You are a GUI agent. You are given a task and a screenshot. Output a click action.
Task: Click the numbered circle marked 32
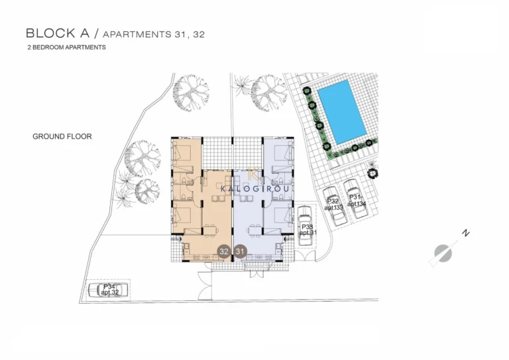[x=224, y=251]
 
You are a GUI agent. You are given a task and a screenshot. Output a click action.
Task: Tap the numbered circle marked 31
[x=241, y=251]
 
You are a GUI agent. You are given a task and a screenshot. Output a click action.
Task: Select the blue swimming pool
[x=341, y=111]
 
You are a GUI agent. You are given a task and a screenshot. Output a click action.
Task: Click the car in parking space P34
[x=107, y=290]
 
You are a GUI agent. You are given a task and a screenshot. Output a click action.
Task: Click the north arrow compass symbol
[x=442, y=253]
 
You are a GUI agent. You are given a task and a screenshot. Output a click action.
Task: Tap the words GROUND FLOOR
[x=62, y=137]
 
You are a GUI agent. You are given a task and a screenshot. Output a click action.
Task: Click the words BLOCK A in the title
[x=52, y=32]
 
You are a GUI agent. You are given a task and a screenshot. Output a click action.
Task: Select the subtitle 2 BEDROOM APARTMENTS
[x=66, y=48]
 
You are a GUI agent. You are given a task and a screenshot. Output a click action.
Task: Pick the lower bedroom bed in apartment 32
[x=182, y=216]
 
